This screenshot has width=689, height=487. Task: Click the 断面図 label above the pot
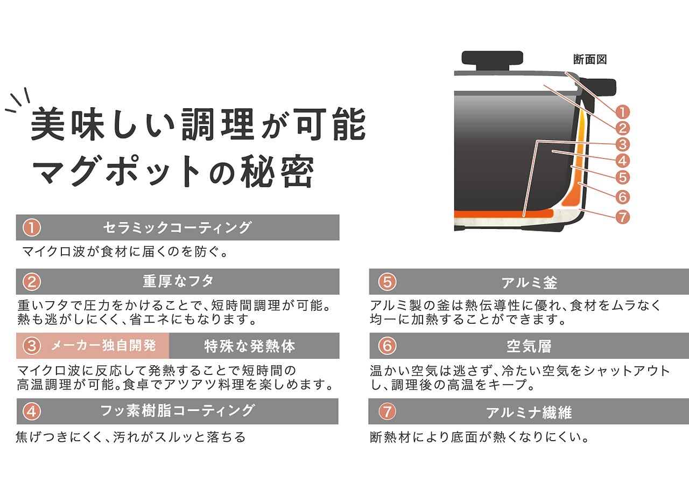click(590, 60)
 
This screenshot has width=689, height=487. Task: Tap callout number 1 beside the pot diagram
click(622, 112)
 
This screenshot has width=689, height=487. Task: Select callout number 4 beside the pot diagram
click(622, 161)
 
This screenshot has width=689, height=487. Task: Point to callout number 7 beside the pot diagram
click(622, 217)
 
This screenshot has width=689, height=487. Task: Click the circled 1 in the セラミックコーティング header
click(32, 228)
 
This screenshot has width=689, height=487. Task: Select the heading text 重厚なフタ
click(178, 281)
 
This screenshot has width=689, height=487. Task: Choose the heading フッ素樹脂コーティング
click(177, 411)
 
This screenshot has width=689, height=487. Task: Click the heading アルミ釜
click(529, 282)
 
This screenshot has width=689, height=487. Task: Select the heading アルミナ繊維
click(529, 413)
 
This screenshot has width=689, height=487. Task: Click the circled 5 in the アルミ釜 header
click(387, 282)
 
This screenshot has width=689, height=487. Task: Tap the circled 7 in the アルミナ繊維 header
click(387, 412)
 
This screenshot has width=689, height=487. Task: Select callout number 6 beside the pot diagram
click(622, 197)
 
